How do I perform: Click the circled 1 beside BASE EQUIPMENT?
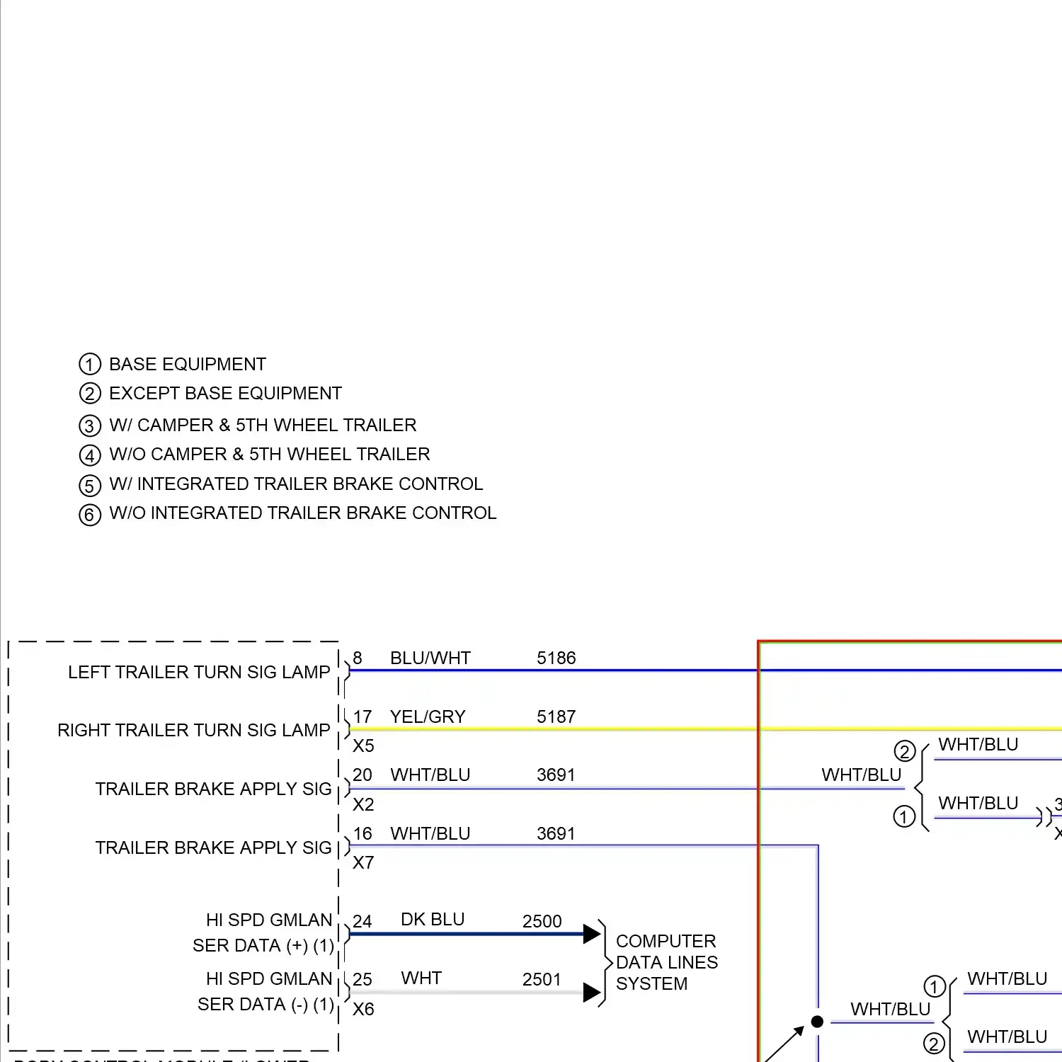click(90, 365)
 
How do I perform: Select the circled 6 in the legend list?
click(90, 515)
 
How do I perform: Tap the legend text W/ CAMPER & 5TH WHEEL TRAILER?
click(263, 425)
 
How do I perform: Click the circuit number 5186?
click(556, 658)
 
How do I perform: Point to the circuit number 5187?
click(556, 716)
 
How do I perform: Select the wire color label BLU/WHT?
click(430, 658)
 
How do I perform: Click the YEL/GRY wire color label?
click(428, 716)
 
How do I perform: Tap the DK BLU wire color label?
click(432, 919)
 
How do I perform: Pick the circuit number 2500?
click(542, 921)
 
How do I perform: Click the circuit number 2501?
click(542, 979)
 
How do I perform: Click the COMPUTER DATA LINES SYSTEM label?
click(666, 962)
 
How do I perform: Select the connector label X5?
click(363, 746)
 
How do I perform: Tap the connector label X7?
click(363, 862)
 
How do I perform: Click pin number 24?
click(362, 921)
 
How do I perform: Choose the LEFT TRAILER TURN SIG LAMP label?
click(199, 672)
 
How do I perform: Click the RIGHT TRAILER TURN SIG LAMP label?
click(193, 730)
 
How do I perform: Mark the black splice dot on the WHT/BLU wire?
click(817, 1022)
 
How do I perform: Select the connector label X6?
click(363, 1009)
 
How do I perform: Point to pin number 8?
click(358, 658)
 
